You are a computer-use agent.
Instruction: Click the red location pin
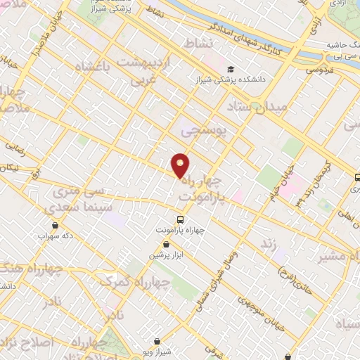point(181,166)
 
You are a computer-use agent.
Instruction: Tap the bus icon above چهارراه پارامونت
point(181,219)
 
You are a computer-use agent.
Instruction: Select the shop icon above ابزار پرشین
point(165,244)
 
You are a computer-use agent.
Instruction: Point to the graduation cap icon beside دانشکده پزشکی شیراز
point(231,69)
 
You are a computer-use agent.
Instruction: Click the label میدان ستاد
point(258,107)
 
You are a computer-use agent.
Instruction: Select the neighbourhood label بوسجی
point(201,130)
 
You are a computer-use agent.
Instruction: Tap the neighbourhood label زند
point(267,243)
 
